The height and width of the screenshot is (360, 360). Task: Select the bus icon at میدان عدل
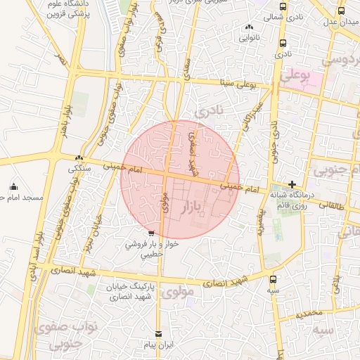[x=341, y=11]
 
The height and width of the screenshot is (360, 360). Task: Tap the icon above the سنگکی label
[x=79, y=158]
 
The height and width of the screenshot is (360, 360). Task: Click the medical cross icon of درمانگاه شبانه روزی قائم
[x=292, y=184]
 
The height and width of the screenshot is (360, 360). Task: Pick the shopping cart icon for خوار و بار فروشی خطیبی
[x=151, y=233]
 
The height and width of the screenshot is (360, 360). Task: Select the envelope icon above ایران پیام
[x=157, y=335]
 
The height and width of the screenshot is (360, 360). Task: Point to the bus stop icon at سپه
[x=273, y=278]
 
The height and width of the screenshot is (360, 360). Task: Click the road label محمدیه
[x=309, y=313]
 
